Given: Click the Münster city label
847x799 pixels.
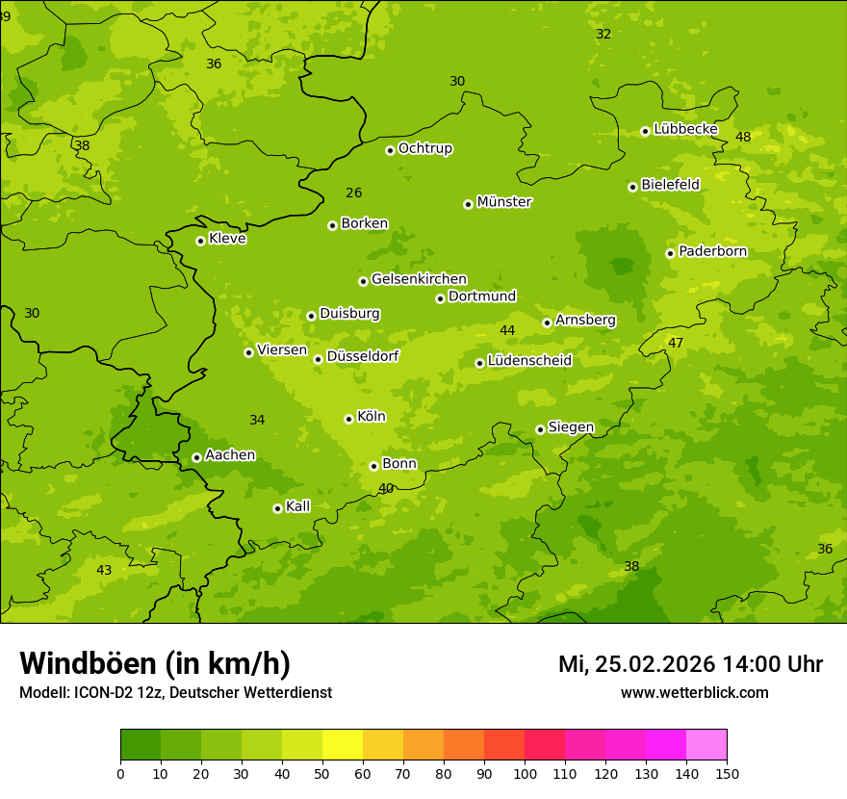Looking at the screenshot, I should [504, 202].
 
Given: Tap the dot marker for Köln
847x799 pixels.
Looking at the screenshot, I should [348, 419].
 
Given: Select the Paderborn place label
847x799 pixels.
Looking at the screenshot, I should [712, 251].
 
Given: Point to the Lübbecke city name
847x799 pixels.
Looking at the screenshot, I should [685, 129].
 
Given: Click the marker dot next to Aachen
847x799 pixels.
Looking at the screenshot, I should [196, 457].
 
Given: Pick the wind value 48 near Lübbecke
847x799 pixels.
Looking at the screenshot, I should [743, 137].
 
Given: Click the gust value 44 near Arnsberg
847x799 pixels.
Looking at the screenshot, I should [507, 330].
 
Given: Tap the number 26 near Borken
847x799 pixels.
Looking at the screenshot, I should [354, 193].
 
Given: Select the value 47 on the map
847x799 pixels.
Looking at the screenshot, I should [676, 343].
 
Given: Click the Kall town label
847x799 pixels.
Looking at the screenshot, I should [298, 506].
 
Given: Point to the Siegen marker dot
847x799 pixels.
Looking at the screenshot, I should [540, 429].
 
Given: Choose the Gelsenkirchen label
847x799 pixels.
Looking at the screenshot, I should [419, 279].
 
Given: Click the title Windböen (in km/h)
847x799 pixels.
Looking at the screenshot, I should [155, 663].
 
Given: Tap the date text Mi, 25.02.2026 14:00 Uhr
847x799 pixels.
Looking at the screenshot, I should [690, 664].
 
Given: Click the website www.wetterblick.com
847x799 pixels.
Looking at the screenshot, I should [694, 693].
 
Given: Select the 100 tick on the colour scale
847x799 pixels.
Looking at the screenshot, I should [525, 773].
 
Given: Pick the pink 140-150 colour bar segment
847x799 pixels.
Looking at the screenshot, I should [706, 745].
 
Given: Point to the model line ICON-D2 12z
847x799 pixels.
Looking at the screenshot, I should [175, 693].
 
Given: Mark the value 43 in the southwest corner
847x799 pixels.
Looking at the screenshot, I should [104, 570].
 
